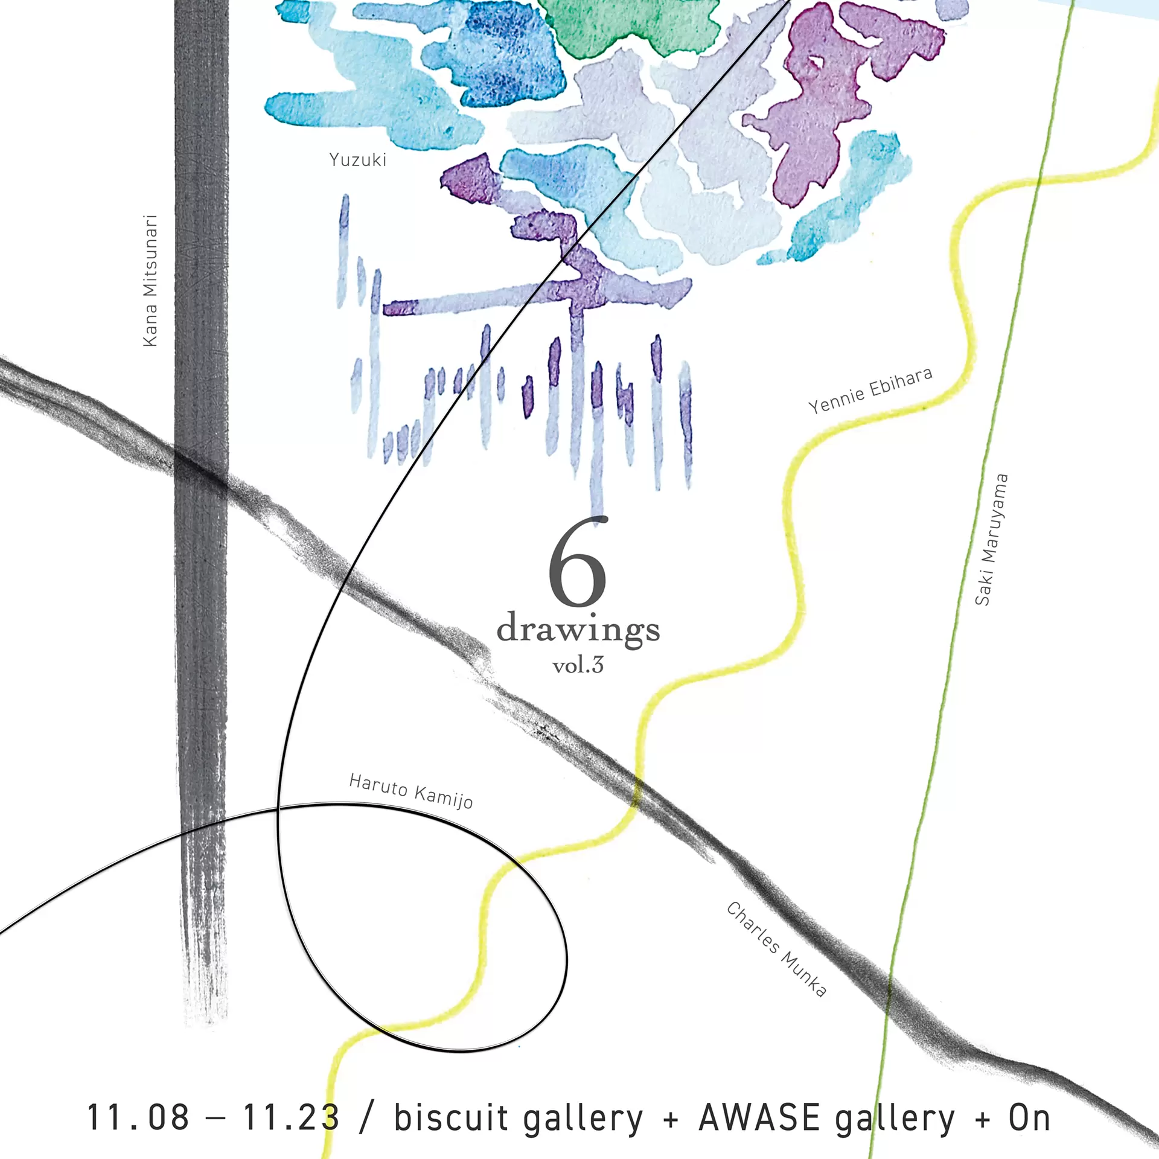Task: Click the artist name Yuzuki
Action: tap(357, 160)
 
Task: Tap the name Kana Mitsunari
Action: tap(150, 281)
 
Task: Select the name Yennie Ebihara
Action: tap(870, 391)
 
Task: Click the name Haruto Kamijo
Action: tap(411, 791)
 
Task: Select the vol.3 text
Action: tap(578, 666)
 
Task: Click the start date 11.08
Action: tap(138, 1118)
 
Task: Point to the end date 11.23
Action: tap(291, 1118)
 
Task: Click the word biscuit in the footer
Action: tap(451, 1118)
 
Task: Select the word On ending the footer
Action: tap(1029, 1118)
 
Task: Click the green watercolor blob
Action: tap(628, 24)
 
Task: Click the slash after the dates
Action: tap(366, 1118)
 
